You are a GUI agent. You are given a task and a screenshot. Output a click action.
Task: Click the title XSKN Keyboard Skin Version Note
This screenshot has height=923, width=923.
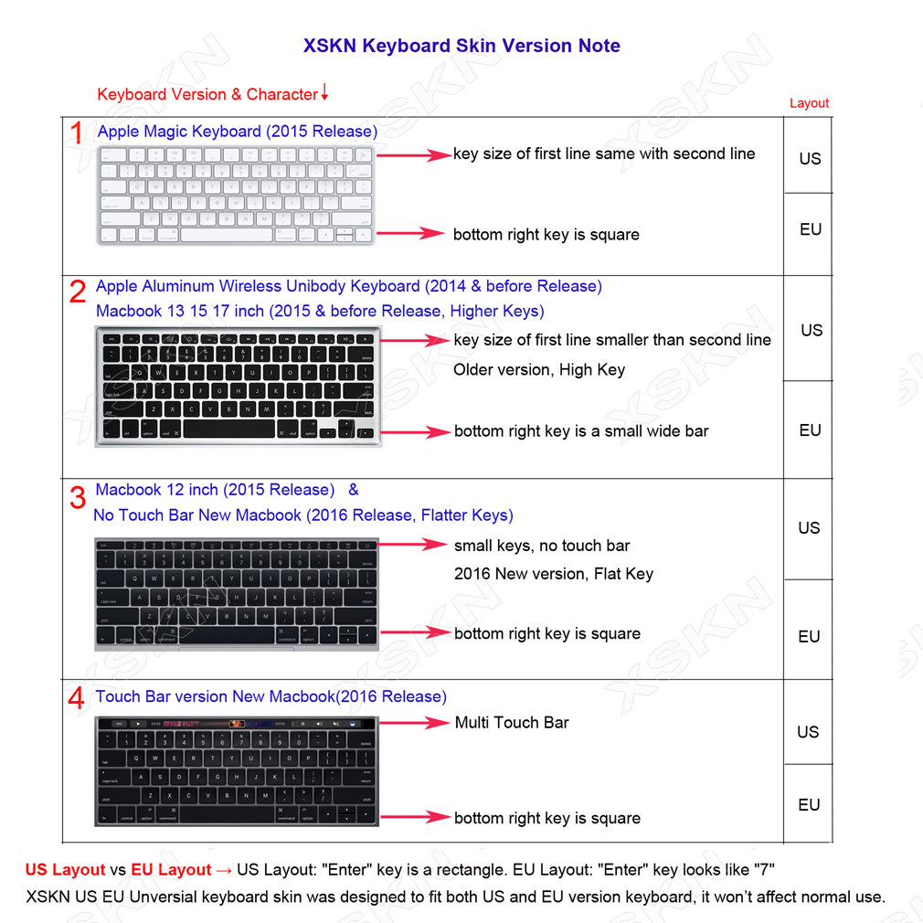coord(461,46)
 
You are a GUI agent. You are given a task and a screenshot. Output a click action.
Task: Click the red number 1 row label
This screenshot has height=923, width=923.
coord(78,133)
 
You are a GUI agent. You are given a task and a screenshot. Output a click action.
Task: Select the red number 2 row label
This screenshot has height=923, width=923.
coord(78,292)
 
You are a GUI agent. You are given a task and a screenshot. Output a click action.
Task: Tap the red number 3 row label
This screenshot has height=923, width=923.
coord(78,496)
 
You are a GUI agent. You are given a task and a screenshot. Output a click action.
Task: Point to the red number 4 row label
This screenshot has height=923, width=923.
coord(78,699)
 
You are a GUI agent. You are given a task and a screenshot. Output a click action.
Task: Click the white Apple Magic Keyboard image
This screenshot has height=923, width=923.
coord(235,195)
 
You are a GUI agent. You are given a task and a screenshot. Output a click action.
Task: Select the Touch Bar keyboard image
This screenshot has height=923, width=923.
coord(236,771)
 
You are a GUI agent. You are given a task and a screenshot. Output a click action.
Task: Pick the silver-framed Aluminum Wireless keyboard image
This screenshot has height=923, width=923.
coord(237,387)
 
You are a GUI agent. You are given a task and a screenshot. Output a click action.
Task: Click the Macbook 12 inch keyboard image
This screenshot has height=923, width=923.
coord(236,594)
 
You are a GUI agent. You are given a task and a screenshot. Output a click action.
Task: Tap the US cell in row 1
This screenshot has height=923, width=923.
coord(810,159)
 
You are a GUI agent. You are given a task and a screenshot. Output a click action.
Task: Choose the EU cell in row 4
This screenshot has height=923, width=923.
coord(809,805)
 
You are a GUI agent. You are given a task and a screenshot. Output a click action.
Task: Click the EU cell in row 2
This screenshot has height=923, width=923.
coord(810,430)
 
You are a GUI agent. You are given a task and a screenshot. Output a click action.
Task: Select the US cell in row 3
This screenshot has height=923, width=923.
coord(809,528)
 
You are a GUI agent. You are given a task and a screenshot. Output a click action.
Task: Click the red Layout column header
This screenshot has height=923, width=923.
coord(809,103)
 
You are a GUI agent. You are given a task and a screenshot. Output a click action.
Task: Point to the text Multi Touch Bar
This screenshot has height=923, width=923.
coord(512,723)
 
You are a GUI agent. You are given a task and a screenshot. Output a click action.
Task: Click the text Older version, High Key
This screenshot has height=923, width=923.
coord(539,370)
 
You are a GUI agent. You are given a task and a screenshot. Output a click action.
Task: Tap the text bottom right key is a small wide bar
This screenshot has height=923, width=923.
coord(581,431)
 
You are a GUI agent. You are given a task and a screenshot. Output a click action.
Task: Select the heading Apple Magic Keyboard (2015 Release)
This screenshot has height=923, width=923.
coord(237,132)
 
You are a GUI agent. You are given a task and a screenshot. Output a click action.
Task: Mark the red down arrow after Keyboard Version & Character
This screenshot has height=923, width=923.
coord(324,93)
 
